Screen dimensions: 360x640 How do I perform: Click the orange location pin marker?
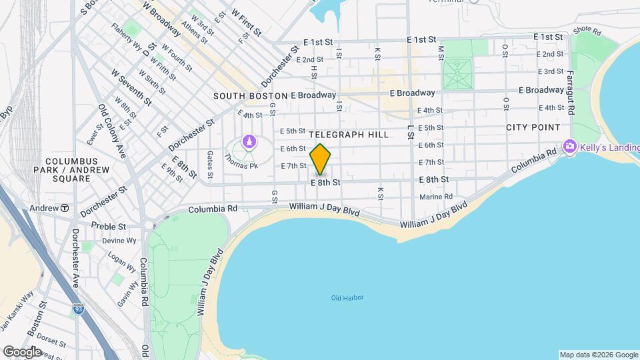click(321, 159)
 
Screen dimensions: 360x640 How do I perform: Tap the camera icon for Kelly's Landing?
click(569, 145)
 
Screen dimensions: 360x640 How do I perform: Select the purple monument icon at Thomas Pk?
click(249, 141)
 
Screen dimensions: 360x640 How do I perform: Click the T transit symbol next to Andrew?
click(65, 208)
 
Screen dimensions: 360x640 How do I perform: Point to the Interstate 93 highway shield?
click(79, 309)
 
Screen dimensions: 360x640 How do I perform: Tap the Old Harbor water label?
click(347, 297)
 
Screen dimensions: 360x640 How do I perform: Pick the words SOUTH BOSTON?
click(250, 96)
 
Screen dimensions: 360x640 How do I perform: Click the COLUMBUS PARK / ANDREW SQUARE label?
click(71, 170)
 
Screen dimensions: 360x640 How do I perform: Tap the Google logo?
click(22, 351)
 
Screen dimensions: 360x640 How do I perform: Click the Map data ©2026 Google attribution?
click(598, 355)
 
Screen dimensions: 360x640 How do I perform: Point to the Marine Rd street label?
click(436, 197)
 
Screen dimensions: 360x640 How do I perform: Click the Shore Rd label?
click(587, 31)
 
